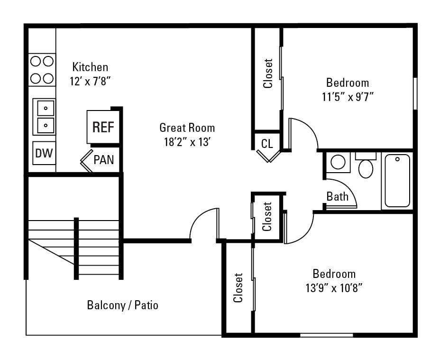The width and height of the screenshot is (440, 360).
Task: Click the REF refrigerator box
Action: (x=102, y=127)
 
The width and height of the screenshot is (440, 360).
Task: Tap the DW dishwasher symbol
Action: (x=44, y=153)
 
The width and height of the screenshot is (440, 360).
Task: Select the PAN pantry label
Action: (x=103, y=159)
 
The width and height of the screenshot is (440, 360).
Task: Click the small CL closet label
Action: (x=267, y=144)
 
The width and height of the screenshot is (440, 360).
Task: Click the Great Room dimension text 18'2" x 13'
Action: (x=187, y=142)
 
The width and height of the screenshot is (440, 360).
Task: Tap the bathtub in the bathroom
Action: (x=397, y=181)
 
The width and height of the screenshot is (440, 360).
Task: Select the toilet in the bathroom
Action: (x=366, y=166)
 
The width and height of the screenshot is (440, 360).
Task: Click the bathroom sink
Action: (x=338, y=162)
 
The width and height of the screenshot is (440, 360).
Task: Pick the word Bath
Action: (x=337, y=196)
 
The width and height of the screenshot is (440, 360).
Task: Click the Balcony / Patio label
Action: (x=122, y=305)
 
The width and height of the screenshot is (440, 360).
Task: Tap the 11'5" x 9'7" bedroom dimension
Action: (x=348, y=97)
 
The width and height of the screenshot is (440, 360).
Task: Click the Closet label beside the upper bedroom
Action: (x=268, y=74)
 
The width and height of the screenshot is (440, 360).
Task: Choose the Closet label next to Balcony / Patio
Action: (x=238, y=287)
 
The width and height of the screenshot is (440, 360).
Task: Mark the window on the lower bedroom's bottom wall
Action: (x=326, y=335)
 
